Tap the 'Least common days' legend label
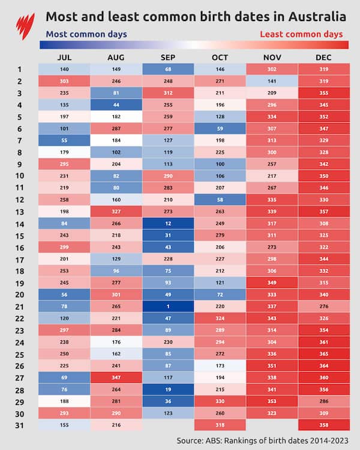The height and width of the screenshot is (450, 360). tap(301, 34)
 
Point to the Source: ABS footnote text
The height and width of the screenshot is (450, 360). tap(261, 440)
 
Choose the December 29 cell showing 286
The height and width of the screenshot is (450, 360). tap(325, 401)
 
